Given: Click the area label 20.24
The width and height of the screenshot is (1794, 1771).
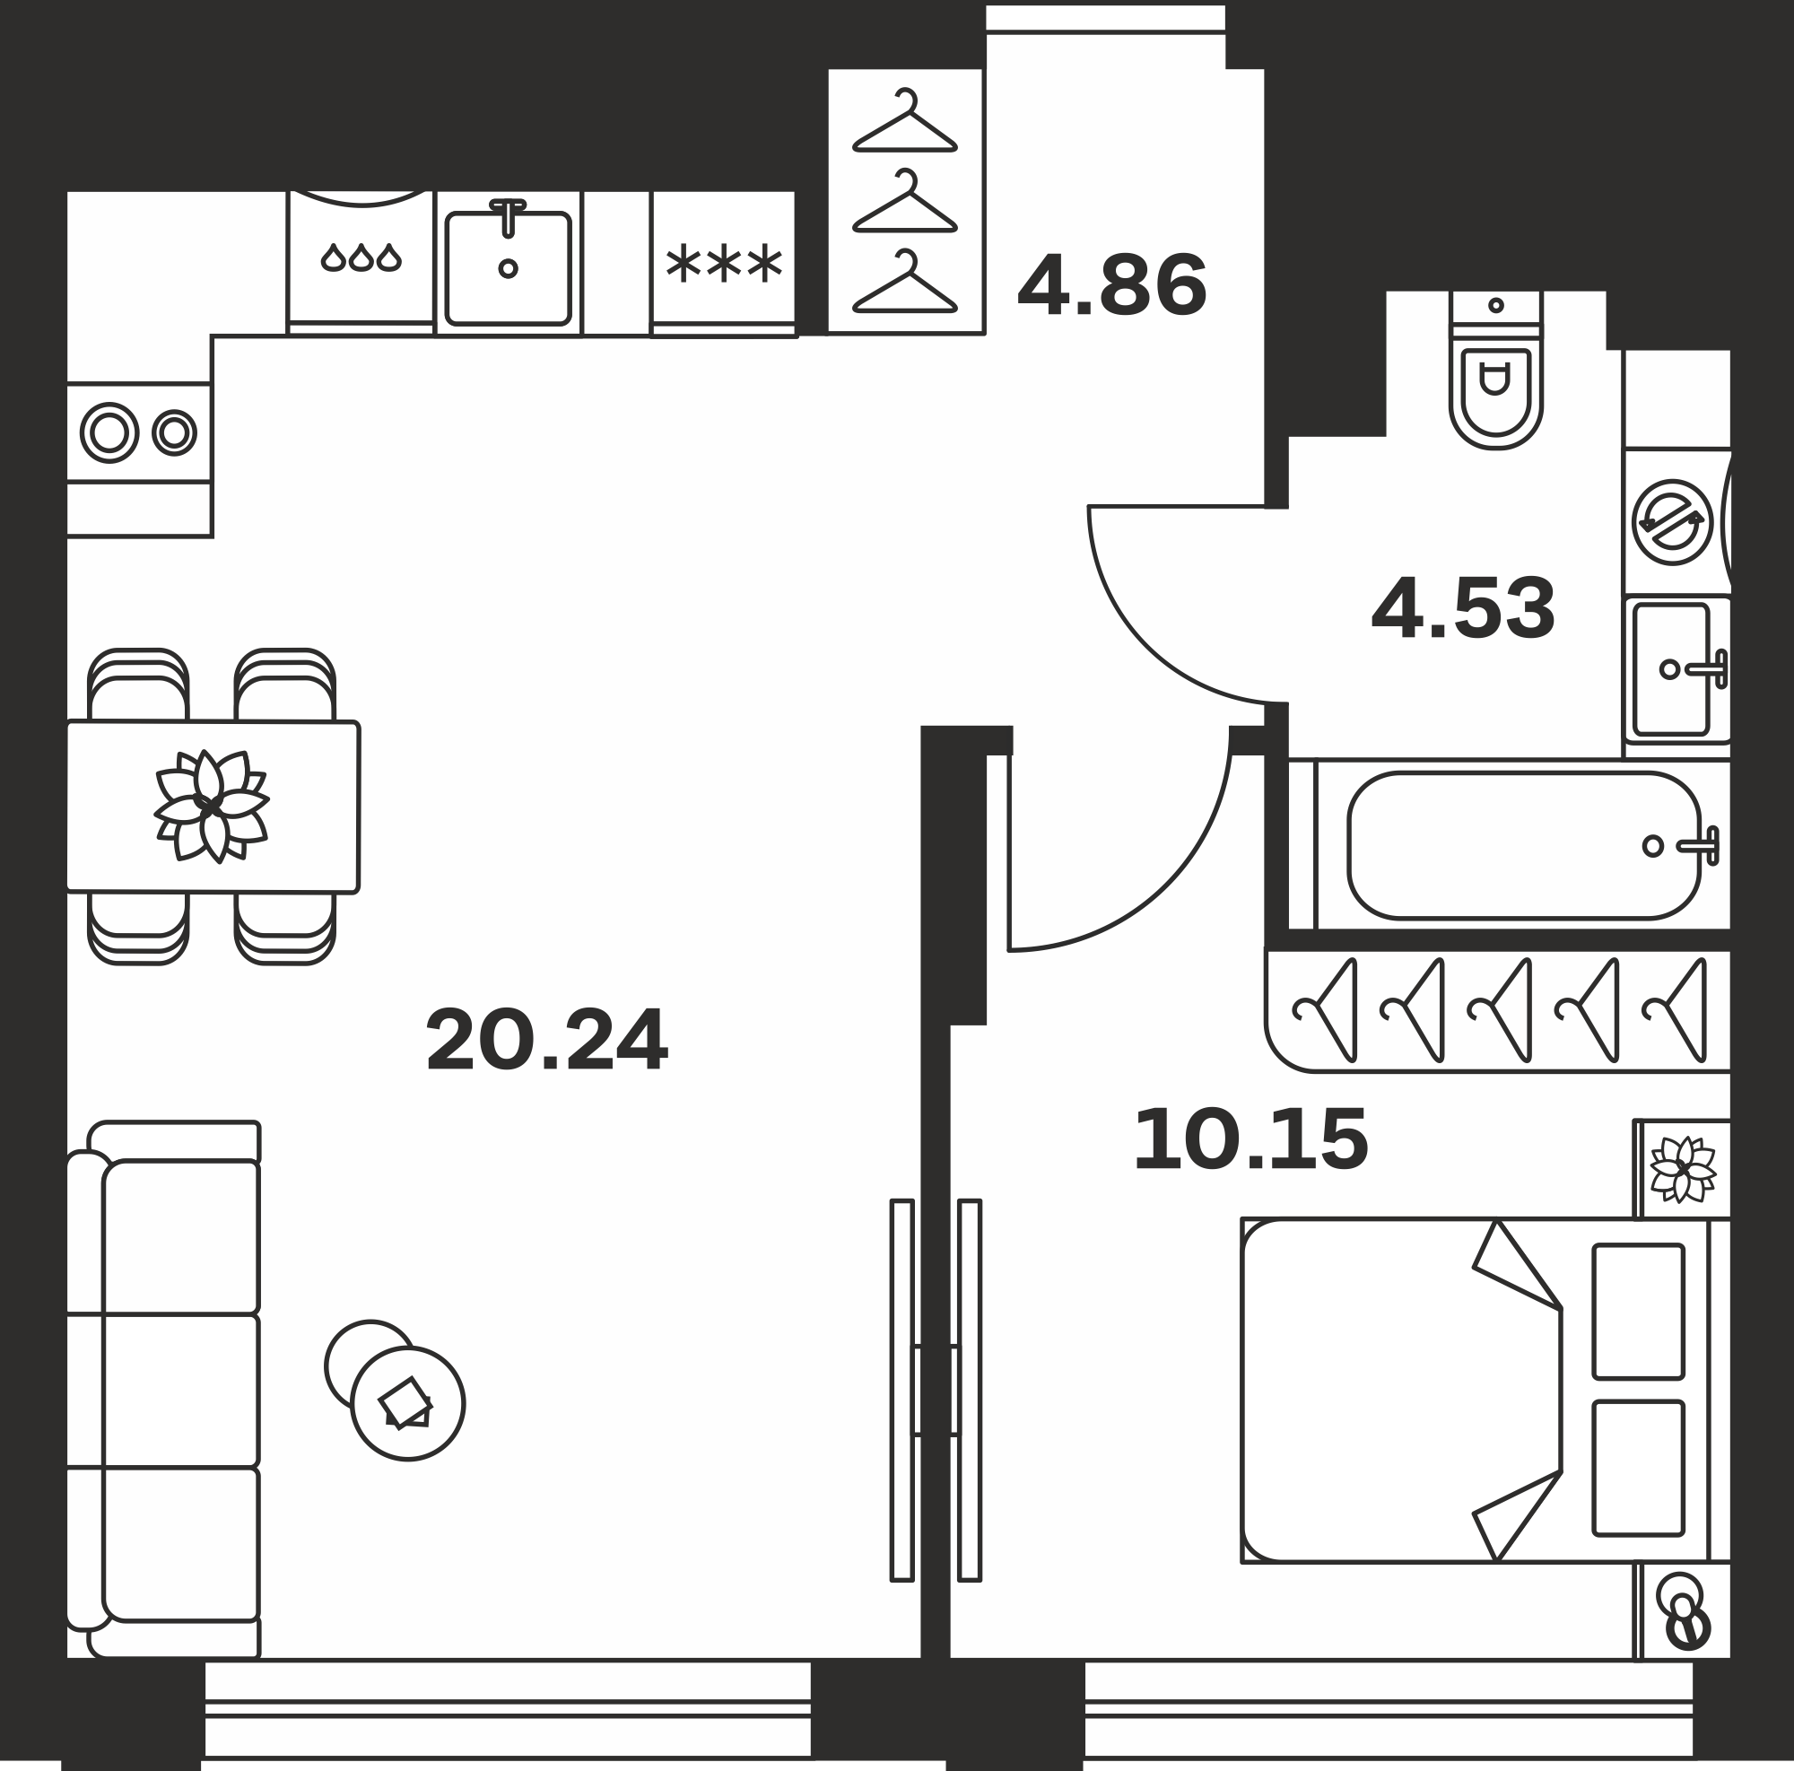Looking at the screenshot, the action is coord(546,1040).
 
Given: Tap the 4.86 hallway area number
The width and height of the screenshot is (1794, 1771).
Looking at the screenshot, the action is coord(1112,285).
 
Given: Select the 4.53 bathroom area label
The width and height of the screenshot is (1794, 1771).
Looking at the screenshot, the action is coord(1462,608).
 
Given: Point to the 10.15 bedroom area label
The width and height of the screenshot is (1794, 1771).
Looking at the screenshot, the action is coord(1250,1139).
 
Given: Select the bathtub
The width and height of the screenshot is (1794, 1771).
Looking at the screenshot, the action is coord(1524,845).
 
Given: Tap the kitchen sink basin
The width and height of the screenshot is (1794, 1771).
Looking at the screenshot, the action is coord(508,268).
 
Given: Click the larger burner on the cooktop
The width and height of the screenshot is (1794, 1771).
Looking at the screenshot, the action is coord(109,432).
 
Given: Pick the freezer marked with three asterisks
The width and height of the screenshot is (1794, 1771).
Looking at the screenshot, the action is coord(723,264).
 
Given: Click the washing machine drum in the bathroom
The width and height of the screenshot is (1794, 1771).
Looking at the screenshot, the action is coord(1672,522).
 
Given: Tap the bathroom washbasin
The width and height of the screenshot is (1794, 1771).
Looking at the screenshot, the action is coord(1671,668).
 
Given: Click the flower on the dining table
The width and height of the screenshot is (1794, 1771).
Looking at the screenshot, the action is coord(212,806).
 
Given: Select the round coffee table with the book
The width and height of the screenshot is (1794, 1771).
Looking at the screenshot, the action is coord(407,1402).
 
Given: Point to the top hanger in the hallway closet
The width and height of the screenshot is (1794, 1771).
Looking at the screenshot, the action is coord(905,122).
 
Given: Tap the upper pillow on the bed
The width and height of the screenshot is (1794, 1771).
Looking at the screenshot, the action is coord(1639,1312).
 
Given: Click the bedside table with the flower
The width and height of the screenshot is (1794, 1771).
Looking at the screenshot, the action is coord(1682,1169).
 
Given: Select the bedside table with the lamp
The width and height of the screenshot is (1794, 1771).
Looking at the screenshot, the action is coord(1682,1610).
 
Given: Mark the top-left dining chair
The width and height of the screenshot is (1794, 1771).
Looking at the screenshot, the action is coord(138,685).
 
